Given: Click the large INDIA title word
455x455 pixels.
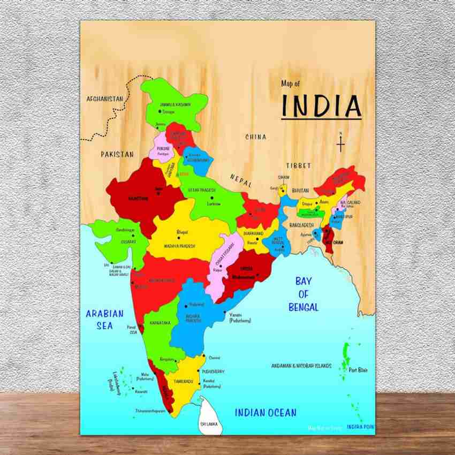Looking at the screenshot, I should (x=321, y=106).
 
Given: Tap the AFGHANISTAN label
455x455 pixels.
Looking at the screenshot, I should (x=105, y=99).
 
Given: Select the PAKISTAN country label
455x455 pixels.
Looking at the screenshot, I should (x=117, y=154).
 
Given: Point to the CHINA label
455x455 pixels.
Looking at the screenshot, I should (x=256, y=137).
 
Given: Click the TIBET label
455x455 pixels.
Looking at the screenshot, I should (x=298, y=165).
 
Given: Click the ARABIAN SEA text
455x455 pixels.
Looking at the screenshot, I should (x=104, y=319).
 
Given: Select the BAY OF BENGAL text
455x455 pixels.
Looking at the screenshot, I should (x=304, y=294).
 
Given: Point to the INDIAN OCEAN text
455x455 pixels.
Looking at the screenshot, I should (x=266, y=412).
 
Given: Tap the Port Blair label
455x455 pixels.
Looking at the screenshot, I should (x=358, y=370).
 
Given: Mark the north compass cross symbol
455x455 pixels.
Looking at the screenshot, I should (x=340, y=143).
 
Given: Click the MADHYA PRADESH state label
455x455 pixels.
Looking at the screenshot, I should (x=178, y=246).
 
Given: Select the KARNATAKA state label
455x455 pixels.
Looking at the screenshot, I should (x=160, y=323).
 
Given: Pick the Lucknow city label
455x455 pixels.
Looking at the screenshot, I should (x=214, y=204).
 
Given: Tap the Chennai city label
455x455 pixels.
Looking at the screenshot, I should (x=215, y=358).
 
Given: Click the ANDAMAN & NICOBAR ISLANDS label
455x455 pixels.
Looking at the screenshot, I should (x=301, y=366).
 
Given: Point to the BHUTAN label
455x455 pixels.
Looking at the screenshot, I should (x=301, y=191).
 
